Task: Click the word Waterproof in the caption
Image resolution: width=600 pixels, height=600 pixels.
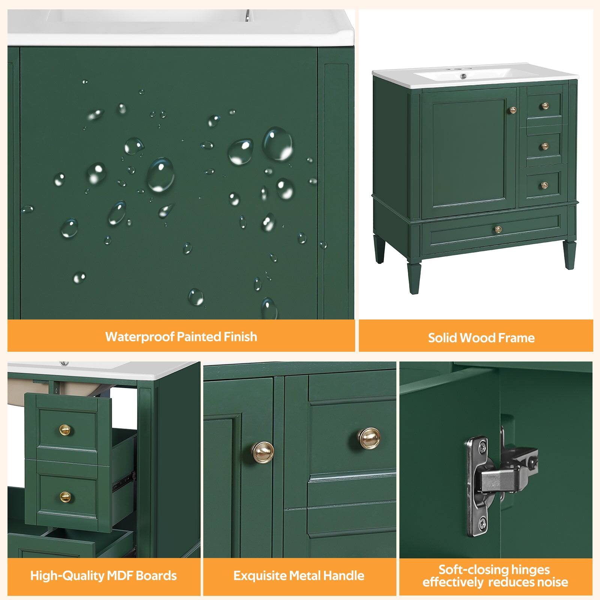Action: tap(139, 336)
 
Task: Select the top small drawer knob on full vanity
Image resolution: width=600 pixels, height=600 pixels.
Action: tap(545, 106)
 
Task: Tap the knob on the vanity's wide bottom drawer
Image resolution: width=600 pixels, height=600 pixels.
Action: tap(498, 228)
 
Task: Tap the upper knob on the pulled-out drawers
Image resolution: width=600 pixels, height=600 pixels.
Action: tap(65, 429)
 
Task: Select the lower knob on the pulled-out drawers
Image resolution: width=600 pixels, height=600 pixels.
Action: tap(65, 497)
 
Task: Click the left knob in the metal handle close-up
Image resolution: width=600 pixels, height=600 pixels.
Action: tap(262, 453)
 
